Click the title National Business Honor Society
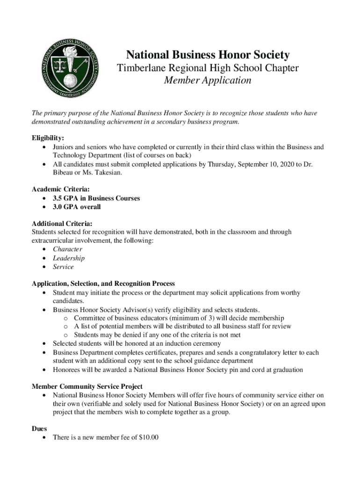pyautogui.click(x=208, y=55)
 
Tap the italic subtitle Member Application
pyautogui.click(x=208, y=80)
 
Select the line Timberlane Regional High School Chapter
pyautogui.click(x=208, y=68)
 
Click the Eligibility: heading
pyautogui.click(x=48, y=138)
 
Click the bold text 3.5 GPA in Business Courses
pyautogui.click(x=96, y=198)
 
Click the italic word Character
pyautogui.click(x=67, y=249)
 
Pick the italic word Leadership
pyautogui.click(x=69, y=258)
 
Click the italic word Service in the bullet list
pyautogui.click(x=63, y=267)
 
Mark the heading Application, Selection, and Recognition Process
pyautogui.click(x=103, y=283)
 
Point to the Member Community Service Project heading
pyautogui.click(x=87, y=387)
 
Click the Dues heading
pyautogui.click(x=39, y=428)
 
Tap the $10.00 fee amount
pyautogui.click(x=148, y=437)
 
